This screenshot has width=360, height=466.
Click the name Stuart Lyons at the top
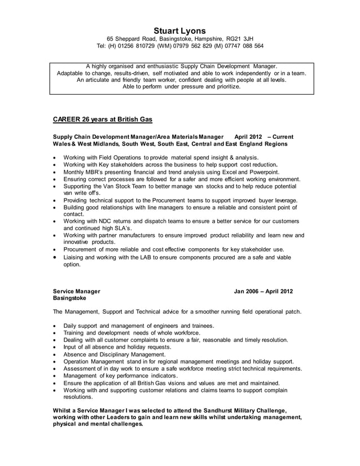point(180,30)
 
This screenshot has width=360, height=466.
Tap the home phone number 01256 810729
point(138,46)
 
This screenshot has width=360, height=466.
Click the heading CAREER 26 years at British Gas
point(102,120)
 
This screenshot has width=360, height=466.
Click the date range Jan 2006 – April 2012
point(264,292)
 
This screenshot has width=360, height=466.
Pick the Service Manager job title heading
point(76,292)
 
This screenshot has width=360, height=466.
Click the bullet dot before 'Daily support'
point(54,326)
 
